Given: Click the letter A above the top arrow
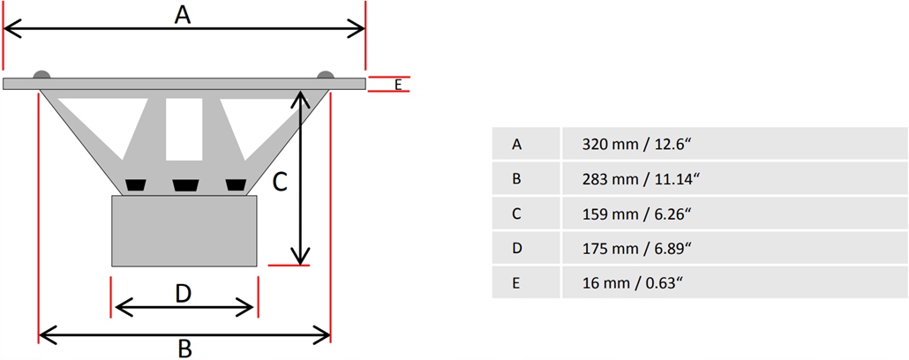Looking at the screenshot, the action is [x=183, y=14].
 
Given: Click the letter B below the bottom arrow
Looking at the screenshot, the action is [x=184, y=349].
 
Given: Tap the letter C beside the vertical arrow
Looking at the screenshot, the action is [x=278, y=182].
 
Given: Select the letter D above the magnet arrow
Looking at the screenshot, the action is [x=183, y=292].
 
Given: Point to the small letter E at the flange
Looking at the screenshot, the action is [x=398, y=85].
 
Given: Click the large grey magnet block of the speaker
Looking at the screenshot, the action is [x=184, y=230].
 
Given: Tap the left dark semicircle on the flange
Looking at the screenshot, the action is [x=42, y=75].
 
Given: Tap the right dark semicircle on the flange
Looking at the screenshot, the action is [x=326, y=75].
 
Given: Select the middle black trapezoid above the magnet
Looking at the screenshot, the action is [x=185, y=184].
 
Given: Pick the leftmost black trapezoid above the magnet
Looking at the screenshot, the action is [x=135, y=184].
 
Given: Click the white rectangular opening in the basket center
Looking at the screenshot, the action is [x=184, y=128].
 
